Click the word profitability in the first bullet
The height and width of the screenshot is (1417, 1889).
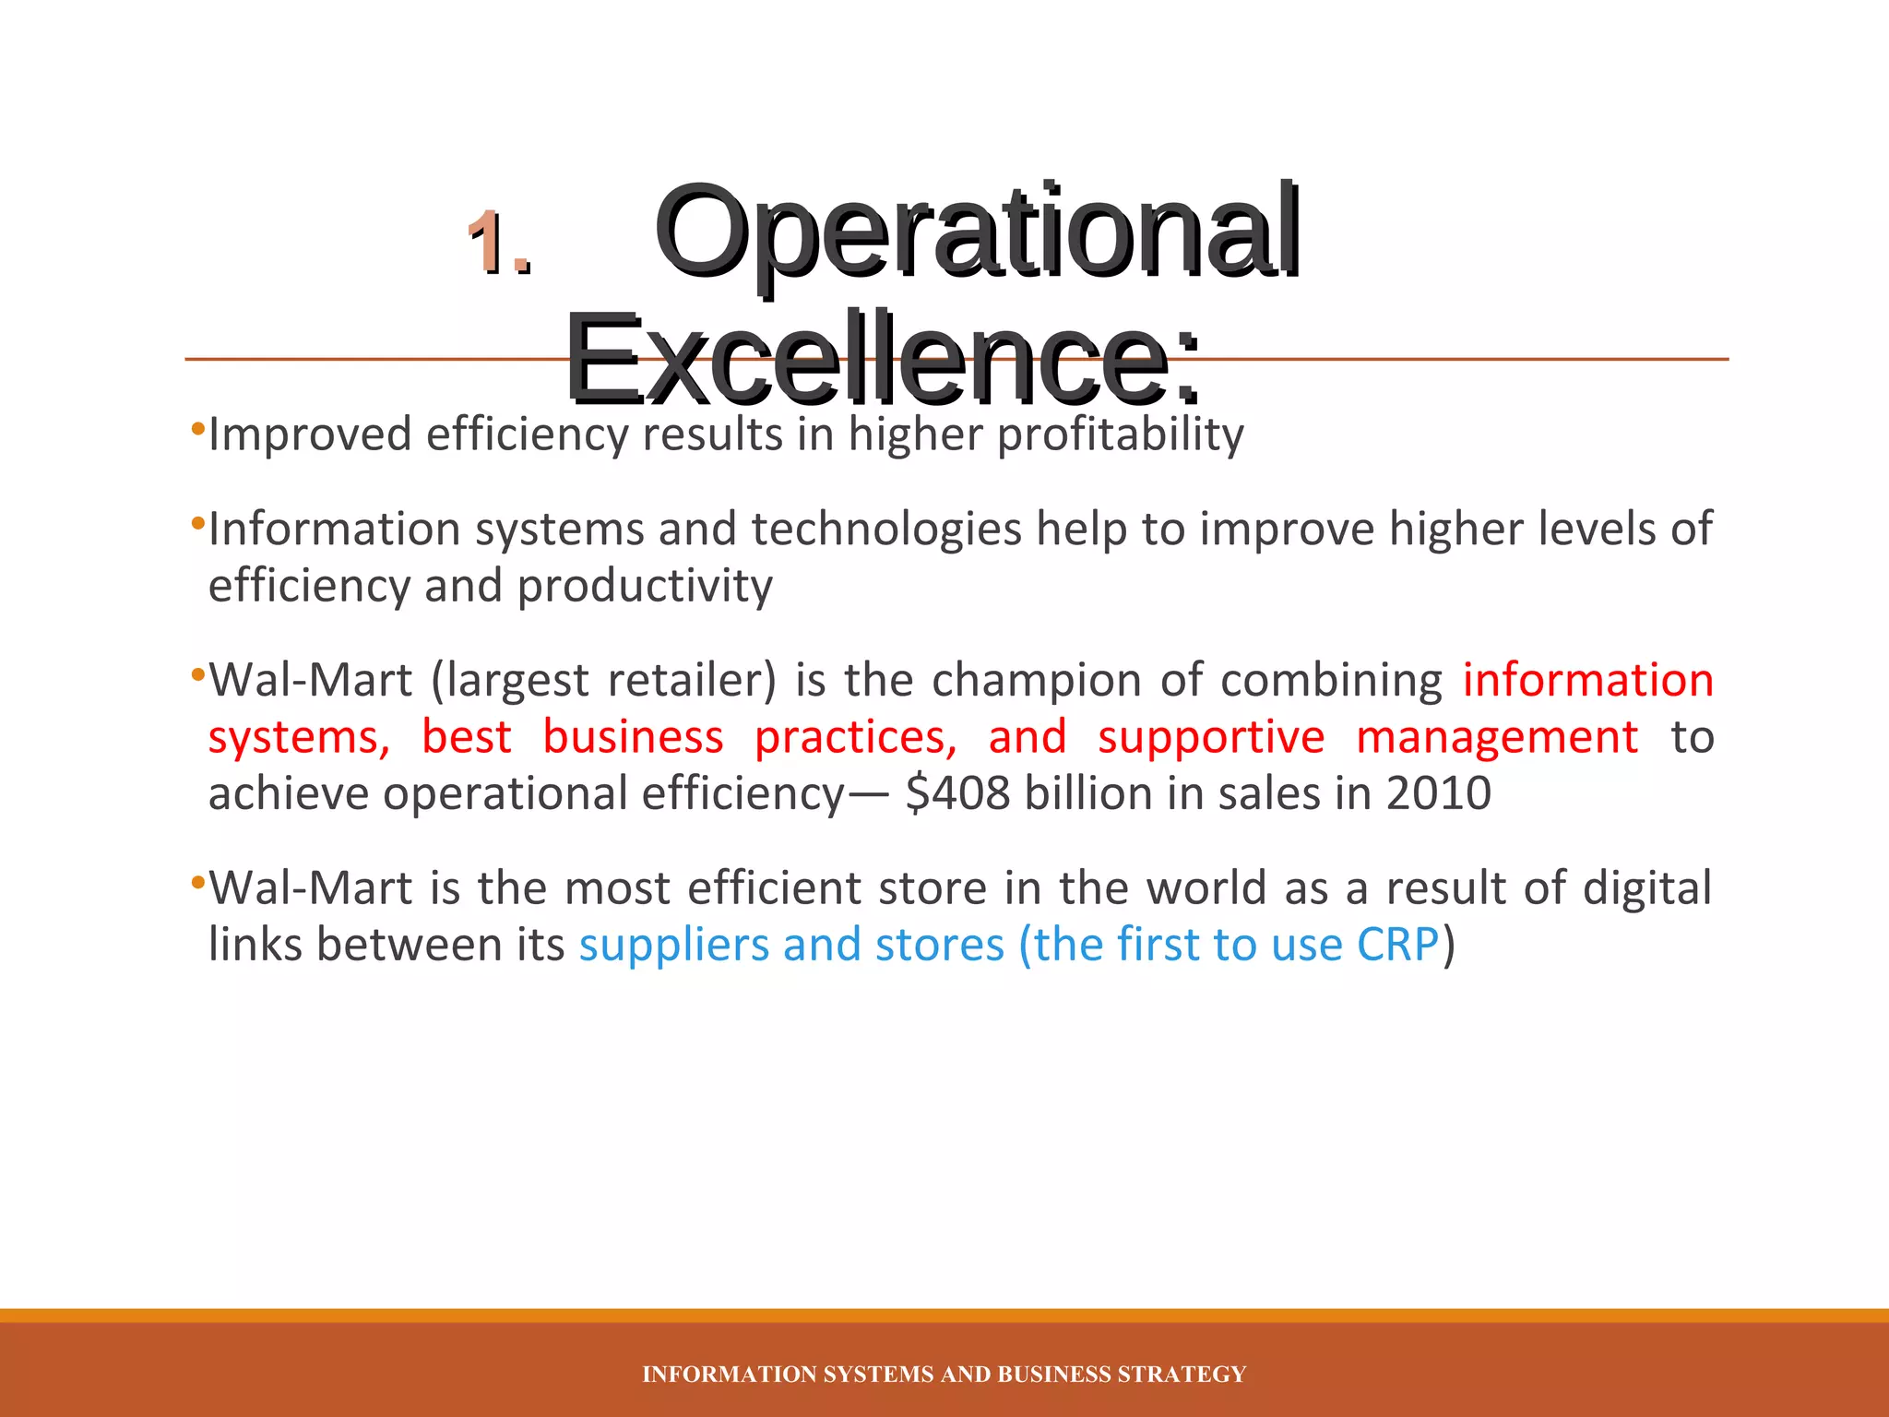pos(1121,435)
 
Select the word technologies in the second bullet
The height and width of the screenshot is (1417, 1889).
pos(886,530)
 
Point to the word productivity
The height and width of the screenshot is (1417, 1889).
pos(645,587)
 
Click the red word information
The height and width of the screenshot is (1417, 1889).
pos(1587,681)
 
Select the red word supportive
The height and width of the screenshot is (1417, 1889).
pos(1210,738)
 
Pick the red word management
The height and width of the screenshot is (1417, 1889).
pos(1497,738)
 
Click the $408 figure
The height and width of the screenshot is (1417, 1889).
pos(957,794)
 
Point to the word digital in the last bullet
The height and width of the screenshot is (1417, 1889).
pos(1646,888)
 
